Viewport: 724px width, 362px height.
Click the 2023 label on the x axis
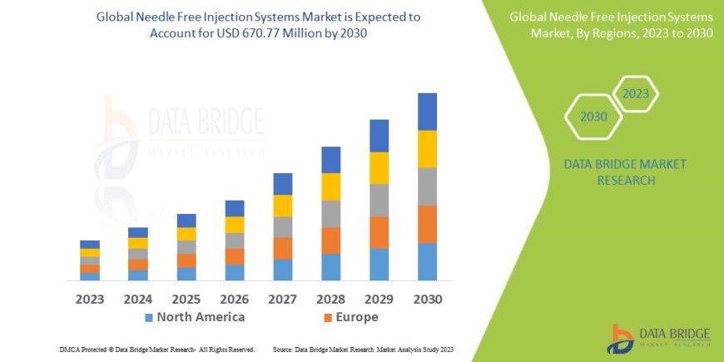point(89,298)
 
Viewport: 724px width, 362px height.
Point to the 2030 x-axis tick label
point(427,298)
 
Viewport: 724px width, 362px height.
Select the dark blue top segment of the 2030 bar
point(427,112)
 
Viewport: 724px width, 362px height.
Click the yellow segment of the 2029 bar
point(379,167)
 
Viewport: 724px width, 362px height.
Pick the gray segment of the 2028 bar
point(330,213)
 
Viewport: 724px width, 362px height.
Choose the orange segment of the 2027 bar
point(282,248)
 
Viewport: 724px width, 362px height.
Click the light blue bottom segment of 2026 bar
point(235,272)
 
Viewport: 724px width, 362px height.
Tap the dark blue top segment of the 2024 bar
point(138,232)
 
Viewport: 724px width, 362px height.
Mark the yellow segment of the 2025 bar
point(186,234)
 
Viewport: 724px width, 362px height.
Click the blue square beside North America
point(149,318)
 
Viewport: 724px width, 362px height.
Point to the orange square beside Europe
point(327,318)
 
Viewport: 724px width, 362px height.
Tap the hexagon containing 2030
point(593,117)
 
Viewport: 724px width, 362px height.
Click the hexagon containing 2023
point(636,94)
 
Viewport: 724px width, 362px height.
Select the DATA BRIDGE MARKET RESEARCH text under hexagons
point(613,171)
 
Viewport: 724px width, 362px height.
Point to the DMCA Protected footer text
point(157,350)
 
